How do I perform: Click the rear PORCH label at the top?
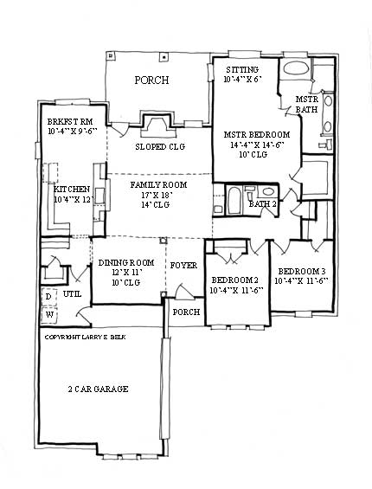[151, 80]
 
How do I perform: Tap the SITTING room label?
[242, 69]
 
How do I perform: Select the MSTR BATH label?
[307, 105]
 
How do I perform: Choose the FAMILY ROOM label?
[157, 185]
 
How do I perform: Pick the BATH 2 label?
[262, 204]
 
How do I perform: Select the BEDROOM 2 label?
[234, 280]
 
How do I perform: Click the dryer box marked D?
[48, 297]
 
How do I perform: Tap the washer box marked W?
[48, 313]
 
